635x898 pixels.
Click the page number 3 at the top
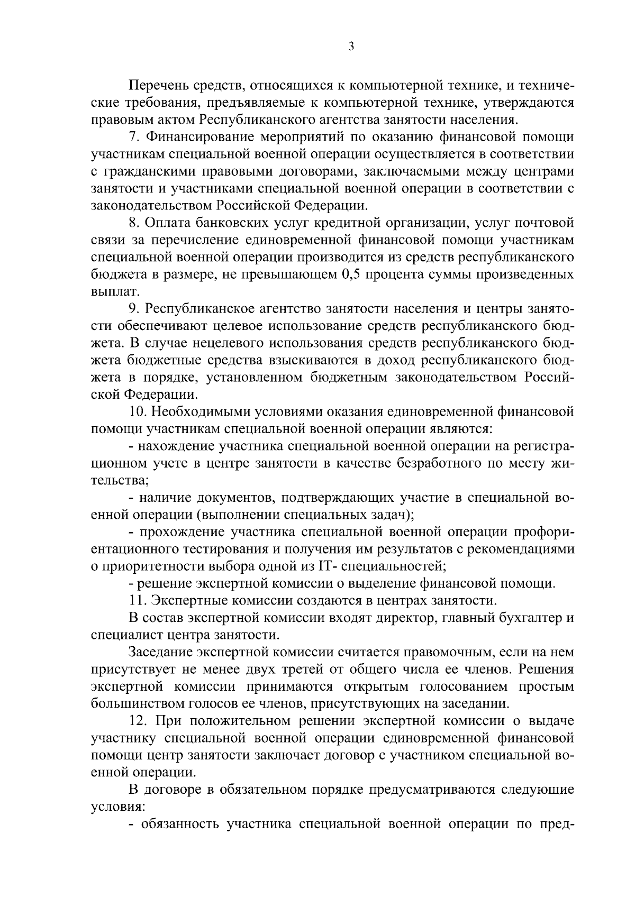(x=351, y=47)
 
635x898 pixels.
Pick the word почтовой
(x=545, y=223)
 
